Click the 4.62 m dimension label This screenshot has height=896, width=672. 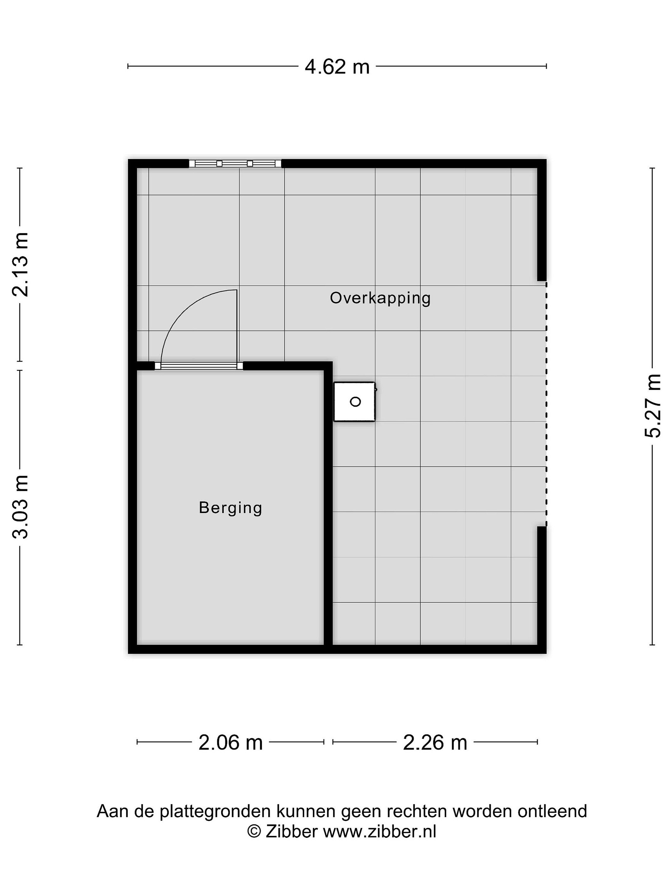(337, 67)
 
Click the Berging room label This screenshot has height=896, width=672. (231, 508)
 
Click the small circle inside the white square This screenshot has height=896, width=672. (355, 402)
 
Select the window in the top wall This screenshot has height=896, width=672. (235, 164)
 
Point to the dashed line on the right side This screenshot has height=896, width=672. (546, 404)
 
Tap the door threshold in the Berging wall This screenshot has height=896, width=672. (199, 366)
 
